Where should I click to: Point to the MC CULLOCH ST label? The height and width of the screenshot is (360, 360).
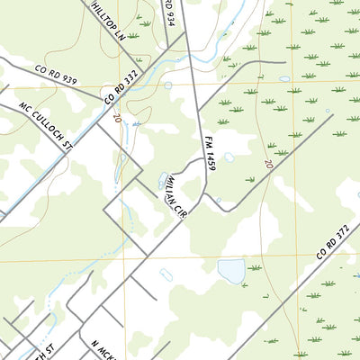[x=42, y=125]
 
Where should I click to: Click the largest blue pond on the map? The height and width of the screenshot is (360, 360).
[x=230, y=270]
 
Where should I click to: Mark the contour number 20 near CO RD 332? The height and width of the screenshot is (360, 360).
[x=117, y=117]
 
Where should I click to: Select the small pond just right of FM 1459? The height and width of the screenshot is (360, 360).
[x=229, y=157]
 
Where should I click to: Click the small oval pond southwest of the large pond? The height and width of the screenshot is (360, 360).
[x=166, y=274]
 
